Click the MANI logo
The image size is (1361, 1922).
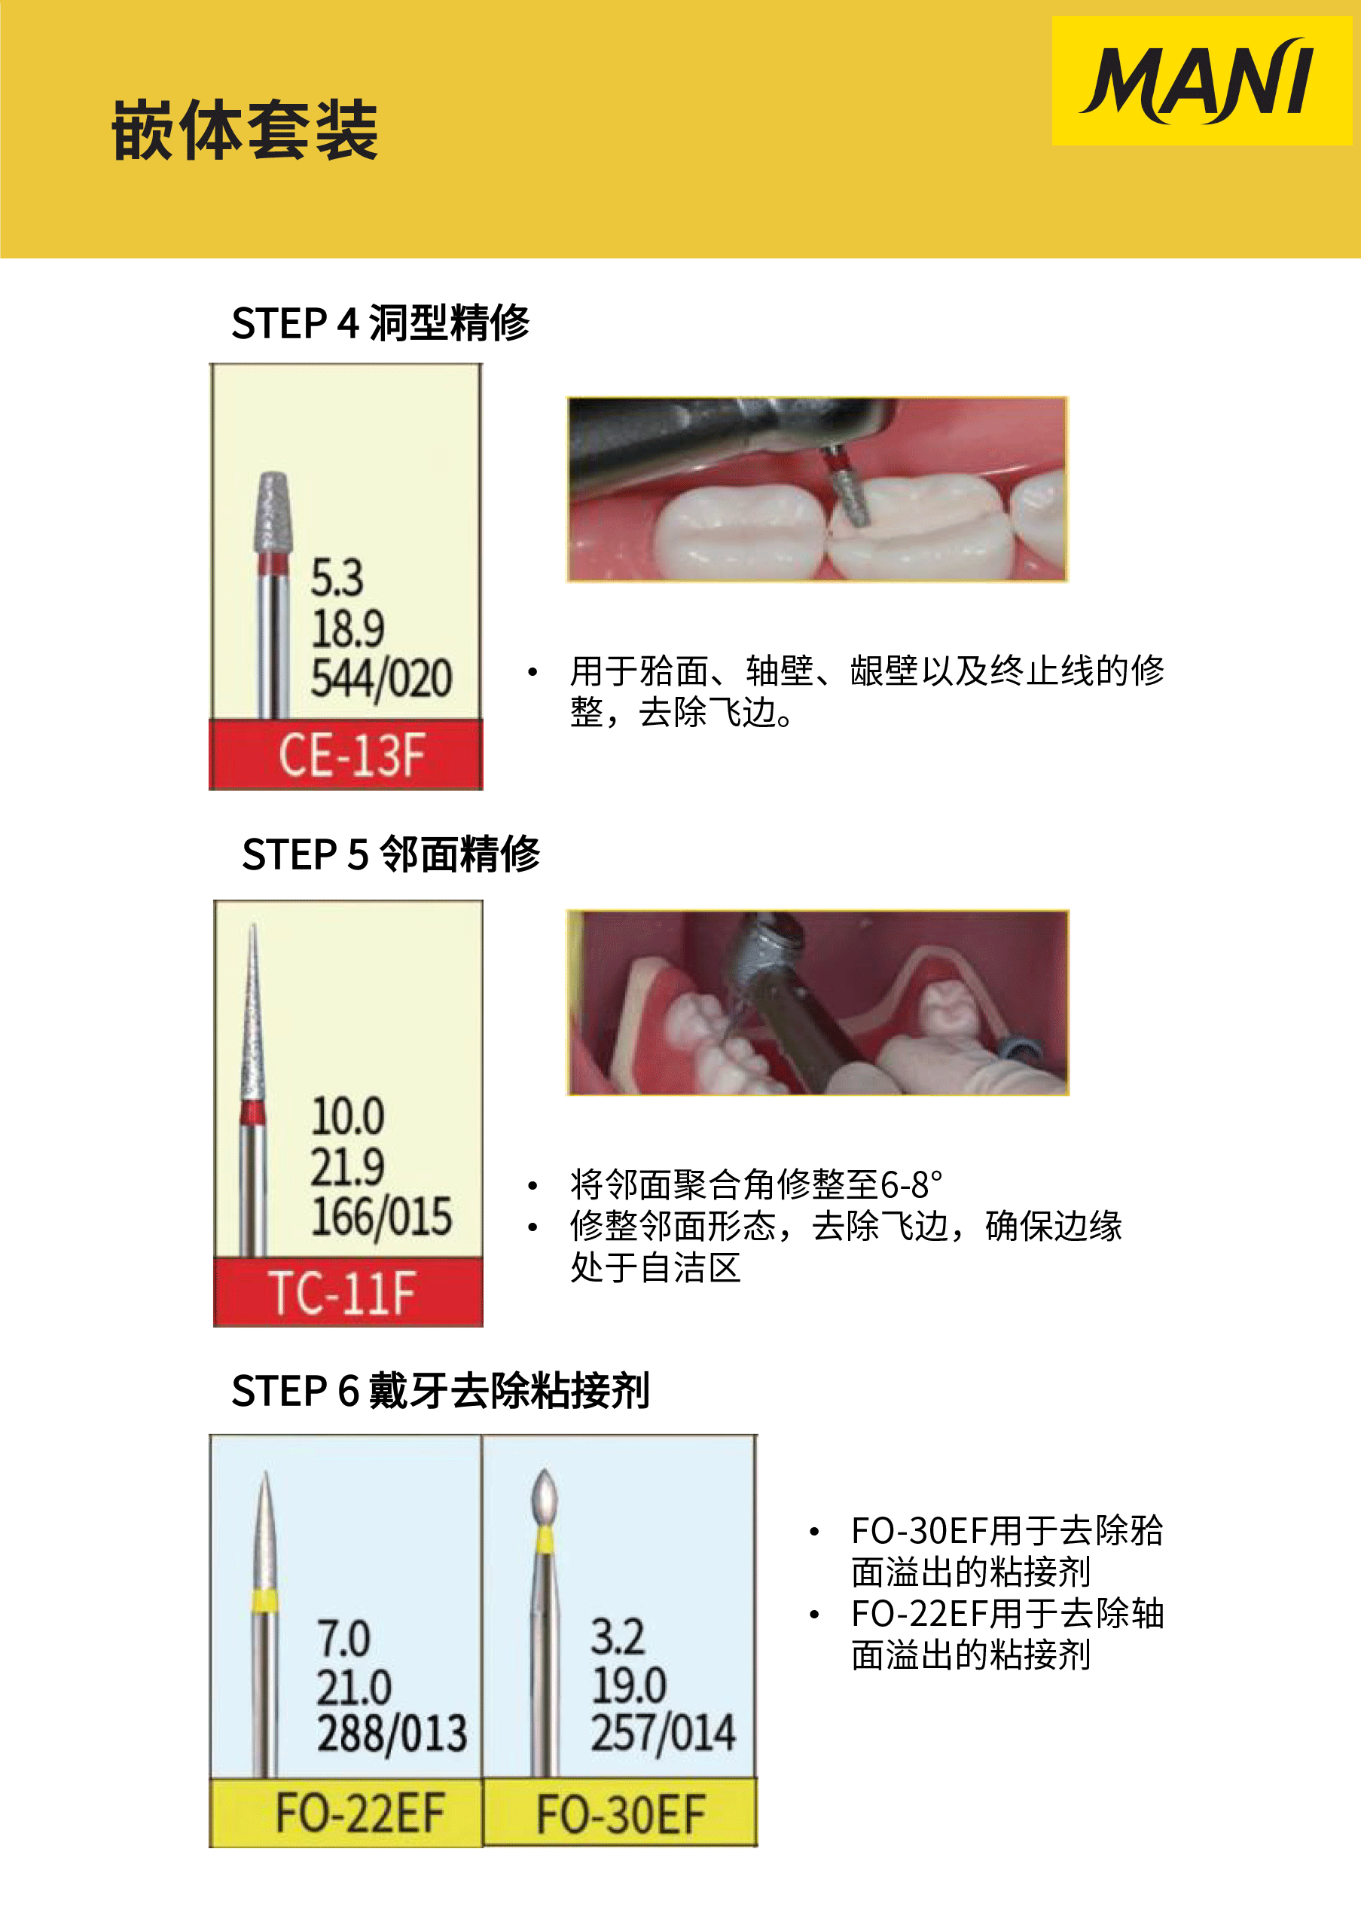tap(1200, 81)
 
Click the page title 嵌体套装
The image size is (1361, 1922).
tap(245, 130)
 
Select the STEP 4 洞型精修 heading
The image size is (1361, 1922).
tap(380, 322)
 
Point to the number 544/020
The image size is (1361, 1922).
tap(381, 678)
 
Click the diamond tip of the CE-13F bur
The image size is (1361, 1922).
tap(273, 512)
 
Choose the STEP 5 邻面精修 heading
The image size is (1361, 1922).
tap(391, 854)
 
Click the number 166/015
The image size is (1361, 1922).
tap(381, 1216)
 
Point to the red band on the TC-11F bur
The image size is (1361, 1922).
tap(252, 1112)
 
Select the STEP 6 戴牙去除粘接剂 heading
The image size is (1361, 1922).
tap(440, 1391)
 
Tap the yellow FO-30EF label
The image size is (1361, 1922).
tap(620, 1813)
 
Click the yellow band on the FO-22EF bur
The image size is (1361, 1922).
tap(264, 1600)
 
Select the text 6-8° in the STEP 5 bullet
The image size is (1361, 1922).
tap(911, 1185)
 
